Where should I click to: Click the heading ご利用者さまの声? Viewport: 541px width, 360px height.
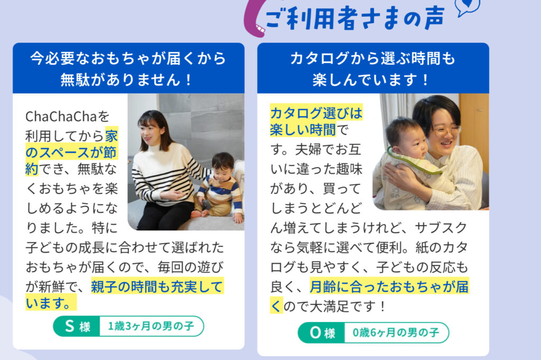(x=355, y=18)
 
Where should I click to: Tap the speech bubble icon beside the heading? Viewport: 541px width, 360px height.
(x=468, y=7)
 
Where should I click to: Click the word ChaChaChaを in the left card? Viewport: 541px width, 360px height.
(x=67, y=117)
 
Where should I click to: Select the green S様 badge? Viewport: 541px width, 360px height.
(x=77, y=326)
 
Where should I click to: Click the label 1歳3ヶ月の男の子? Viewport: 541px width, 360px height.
(x=151, y=326)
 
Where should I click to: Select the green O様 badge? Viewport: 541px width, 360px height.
(x=322, y=333)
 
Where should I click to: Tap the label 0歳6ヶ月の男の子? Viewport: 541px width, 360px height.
(x=396, y=333)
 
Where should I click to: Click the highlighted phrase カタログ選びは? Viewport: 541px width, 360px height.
(x=316, y=113)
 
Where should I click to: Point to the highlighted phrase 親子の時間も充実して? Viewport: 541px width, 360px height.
(x=157, y=287)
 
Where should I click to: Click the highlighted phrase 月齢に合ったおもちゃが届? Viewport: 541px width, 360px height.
(x=389, y=287)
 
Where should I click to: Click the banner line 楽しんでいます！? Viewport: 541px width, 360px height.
(x=371, y=80)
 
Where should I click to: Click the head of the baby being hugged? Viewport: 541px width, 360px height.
(x=405, y=136)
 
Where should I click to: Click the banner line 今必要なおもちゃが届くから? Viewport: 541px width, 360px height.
(x=128, y=58)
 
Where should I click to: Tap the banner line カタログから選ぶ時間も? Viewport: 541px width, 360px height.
(x=372, y=58)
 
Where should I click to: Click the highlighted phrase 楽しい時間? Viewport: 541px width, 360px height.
(x=303, y=130)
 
